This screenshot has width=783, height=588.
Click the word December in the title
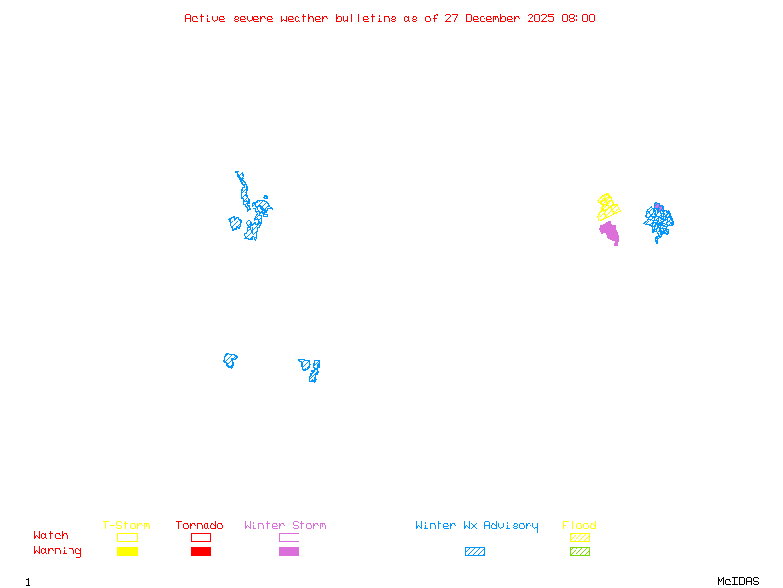coord(495,18)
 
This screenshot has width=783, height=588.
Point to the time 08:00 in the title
coord(577,18)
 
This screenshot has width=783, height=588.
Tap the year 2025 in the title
coord(540,18)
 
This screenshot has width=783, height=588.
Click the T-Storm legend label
coord(126,526)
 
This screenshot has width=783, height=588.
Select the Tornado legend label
coord(200,526)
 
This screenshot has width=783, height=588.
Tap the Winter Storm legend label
coord(285,526)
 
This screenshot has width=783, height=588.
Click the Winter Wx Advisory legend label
coord(477,526)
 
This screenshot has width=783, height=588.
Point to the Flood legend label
coord(579,526)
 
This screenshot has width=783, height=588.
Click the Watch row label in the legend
coord(51,536)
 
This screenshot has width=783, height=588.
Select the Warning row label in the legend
coord(58,551)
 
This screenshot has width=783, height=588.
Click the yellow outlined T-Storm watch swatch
coord(127,537)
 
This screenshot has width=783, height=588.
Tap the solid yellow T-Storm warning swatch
coord(127,551)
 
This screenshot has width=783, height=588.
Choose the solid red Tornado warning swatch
coord(201,551)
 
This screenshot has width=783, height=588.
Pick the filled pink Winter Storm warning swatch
coord(289,551)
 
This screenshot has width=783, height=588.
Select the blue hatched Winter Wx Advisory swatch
coord(475,551)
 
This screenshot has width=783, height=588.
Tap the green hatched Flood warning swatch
coord(579,551)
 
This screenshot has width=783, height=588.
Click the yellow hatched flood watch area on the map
coord(608,207)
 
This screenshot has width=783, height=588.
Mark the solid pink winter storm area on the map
coord(610,233)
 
